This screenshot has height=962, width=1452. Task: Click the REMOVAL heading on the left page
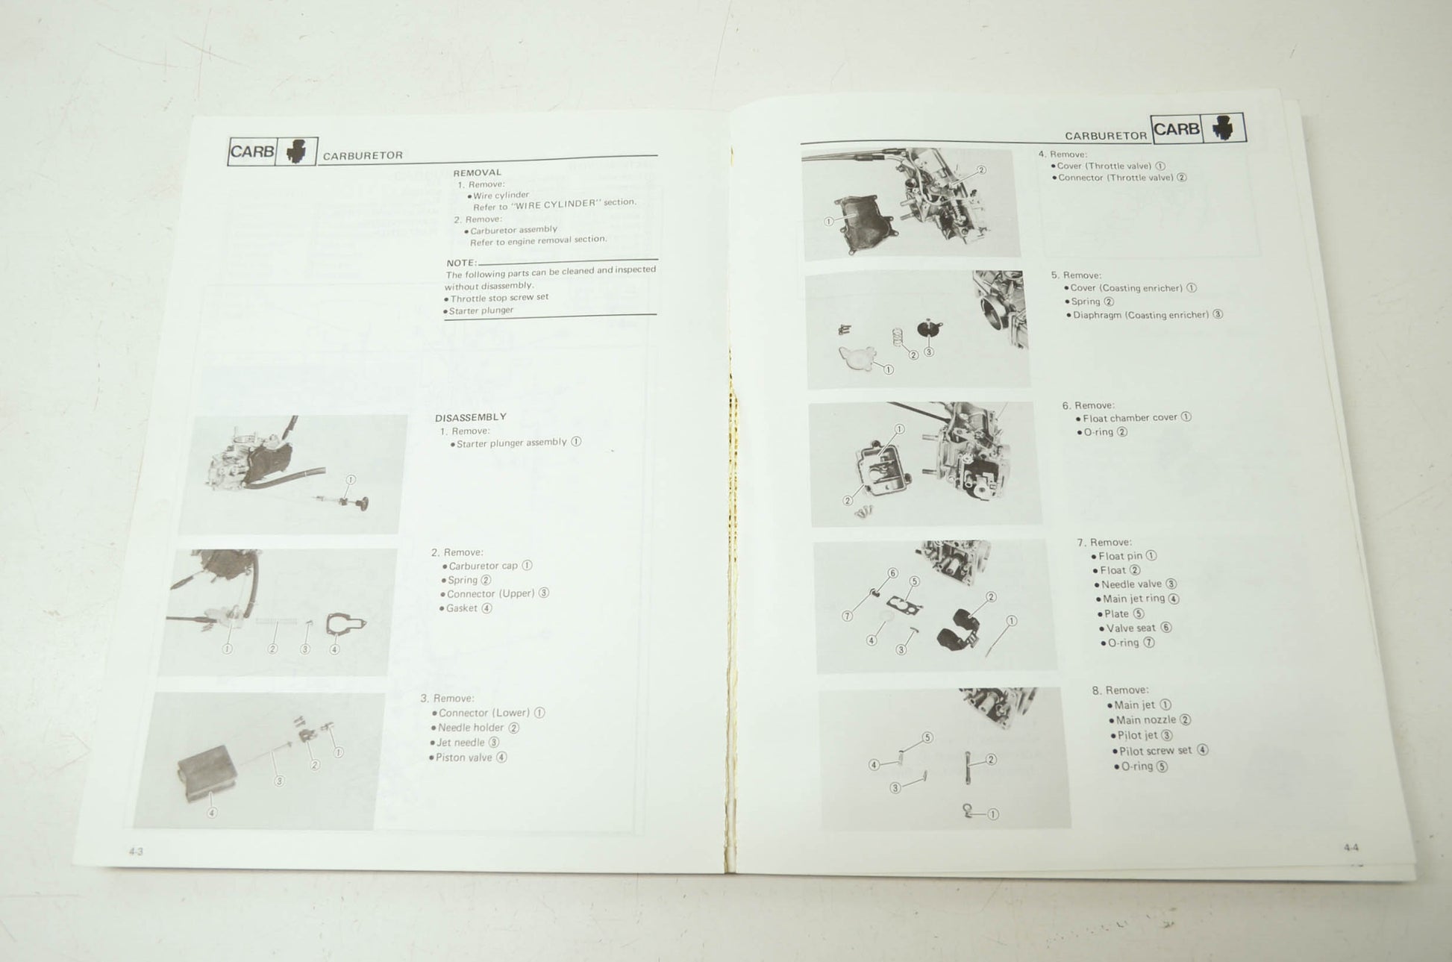478,172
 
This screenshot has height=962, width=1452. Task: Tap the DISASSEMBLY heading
471,417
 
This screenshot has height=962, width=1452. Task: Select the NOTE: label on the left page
461,263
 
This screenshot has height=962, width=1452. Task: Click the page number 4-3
136,851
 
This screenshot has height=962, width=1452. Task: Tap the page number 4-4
1351,847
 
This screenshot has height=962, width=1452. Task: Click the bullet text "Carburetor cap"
483,566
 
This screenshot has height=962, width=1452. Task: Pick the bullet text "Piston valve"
464,758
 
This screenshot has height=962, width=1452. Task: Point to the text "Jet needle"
461,743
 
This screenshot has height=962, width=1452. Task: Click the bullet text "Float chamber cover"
1130,418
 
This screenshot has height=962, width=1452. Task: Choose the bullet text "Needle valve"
1131,584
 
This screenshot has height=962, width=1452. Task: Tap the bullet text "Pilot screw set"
1156,751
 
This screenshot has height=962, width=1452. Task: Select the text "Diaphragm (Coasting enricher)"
1141,315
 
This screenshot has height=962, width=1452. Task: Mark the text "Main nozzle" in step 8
1146,720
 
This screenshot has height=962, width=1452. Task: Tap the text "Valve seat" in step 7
1132,628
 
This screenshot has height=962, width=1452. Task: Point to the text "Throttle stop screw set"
499,298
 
